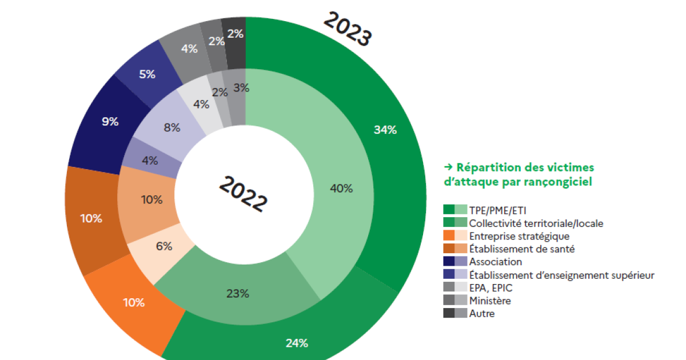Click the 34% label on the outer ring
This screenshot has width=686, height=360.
coord(385,130)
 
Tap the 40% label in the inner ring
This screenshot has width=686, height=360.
coord(341,188)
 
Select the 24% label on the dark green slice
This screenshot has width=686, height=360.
coord(297,343)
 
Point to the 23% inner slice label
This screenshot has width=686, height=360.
coord(237,294)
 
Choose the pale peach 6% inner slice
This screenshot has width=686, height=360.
coord(163,246)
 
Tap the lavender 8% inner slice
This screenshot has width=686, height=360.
coord(171,128)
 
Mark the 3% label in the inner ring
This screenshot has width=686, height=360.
coord(241,88)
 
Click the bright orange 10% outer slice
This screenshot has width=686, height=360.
coord(134,302)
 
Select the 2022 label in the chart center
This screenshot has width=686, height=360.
coord(243,194)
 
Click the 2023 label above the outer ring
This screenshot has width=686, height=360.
coord(348,29)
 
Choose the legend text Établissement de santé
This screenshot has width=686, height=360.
coord(521,249)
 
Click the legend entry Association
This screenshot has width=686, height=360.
coord(495,262)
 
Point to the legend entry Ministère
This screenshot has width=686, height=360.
coord(490,301)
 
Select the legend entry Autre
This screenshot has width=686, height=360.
coord(482,313)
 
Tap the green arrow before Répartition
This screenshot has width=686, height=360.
coord(448,167)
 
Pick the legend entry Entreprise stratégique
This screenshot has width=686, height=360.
coord(519,235)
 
